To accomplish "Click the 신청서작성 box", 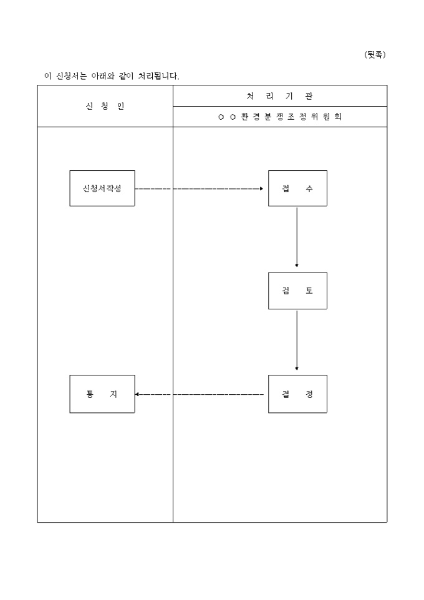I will pos(102,188).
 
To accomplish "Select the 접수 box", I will pos(297,188).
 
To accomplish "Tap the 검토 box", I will pos(297,291).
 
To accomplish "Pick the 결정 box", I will pos(297,394).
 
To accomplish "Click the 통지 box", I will pos(102,394).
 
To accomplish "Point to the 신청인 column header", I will pos(105,106).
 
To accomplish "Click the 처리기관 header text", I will pos(280,96).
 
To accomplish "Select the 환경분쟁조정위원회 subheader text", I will pos(280,117).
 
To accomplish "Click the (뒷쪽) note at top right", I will pos(375,55).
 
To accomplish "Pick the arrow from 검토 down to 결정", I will pos(297,339).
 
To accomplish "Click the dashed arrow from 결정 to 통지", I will pos(200,394).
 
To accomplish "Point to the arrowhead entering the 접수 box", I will pos(262,188).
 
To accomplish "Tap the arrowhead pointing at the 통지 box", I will pos(137,394).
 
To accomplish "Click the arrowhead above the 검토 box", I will pos(297,265).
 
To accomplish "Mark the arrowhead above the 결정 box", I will pos(297,369).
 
